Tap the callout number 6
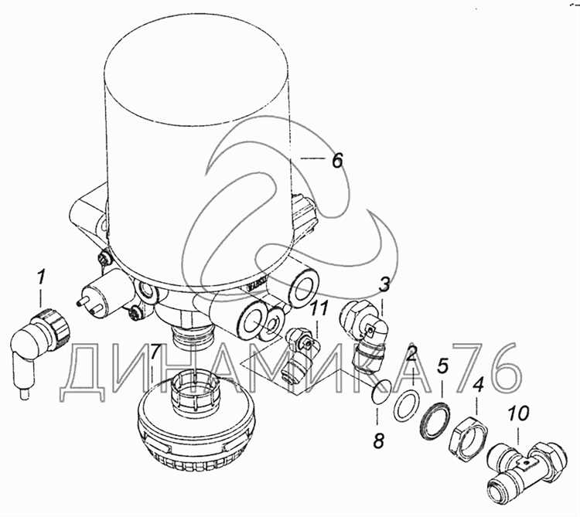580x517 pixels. tap(337, 160)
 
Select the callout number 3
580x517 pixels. tap(384, 285)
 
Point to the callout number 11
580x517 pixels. tap(319, 309)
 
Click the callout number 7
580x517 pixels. tap(156, 353)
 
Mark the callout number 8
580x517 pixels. tap(378, 440)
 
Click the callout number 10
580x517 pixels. tap(518, 413)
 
